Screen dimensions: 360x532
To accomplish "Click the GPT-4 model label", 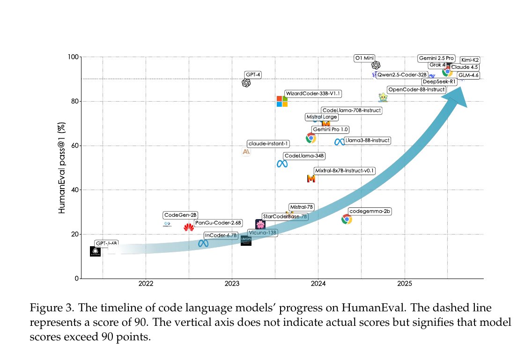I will click(253, 74).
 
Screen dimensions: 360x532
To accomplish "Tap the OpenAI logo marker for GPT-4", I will click(246, 83).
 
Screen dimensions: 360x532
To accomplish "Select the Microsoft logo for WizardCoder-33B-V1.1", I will click(282, 101).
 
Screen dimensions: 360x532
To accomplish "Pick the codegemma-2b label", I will click(370, 212).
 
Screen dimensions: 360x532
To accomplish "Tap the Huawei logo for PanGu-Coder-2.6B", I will click(189, 228).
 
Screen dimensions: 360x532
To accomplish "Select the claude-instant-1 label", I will click(268, 144).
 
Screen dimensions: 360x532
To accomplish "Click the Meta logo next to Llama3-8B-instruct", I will click(339, 142).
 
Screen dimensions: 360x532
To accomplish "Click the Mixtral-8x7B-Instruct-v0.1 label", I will click(345, 171).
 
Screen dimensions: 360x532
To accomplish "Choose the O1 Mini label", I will click(365, 58).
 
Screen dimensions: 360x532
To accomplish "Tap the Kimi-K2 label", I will click(470, 60).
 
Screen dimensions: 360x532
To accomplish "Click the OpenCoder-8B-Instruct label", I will click(416, 89).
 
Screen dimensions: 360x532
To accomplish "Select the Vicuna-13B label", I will click(262, 232).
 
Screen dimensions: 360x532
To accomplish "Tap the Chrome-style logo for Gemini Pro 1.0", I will click(310, 138).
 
